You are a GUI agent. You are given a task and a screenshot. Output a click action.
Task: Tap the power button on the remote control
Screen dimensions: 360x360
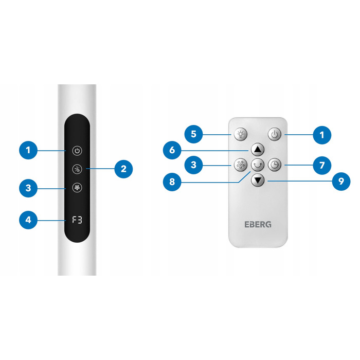275,134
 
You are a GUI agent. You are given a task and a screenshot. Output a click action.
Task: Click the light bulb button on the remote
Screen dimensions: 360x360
240,134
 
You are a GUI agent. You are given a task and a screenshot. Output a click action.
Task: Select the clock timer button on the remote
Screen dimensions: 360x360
275,165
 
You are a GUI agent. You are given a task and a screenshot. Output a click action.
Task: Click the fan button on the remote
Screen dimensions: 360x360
240,165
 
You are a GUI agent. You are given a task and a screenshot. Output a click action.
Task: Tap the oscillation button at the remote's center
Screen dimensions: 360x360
258,165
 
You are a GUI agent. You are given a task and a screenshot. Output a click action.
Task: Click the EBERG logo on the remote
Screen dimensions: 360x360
258,224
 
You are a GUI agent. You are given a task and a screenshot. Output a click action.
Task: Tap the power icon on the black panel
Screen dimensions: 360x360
77,151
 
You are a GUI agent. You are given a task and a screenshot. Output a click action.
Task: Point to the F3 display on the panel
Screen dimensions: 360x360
77,220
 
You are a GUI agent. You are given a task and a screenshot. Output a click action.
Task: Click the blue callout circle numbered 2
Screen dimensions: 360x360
123,169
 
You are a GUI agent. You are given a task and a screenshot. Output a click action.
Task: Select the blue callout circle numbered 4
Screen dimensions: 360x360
28,220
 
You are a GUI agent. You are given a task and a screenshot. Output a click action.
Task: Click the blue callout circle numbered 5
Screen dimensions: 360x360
193,134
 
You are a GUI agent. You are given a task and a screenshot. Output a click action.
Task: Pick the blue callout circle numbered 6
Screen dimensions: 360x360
172,150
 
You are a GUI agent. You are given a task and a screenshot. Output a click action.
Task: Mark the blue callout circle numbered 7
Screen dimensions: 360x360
322,165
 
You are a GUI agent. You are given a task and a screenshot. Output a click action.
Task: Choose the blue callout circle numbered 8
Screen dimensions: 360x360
172,182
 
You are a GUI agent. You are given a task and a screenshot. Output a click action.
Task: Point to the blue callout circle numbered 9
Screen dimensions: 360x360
341,182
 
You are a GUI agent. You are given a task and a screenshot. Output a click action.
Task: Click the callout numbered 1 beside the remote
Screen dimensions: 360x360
322,135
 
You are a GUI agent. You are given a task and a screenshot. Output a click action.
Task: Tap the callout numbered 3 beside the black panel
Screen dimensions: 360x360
28,188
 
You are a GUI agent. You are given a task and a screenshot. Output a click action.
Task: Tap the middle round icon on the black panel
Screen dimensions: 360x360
77,169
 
